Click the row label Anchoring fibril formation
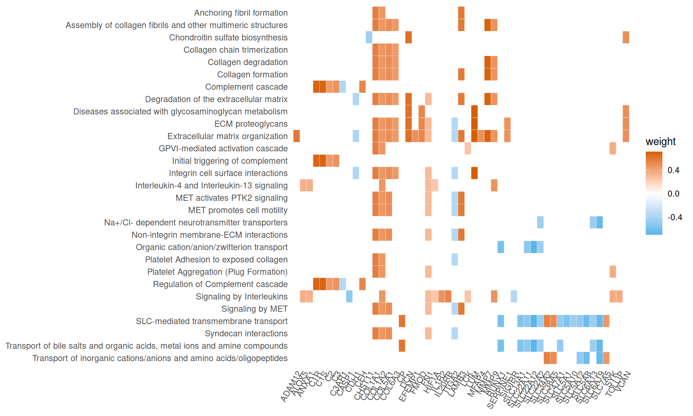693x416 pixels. pos(241,13)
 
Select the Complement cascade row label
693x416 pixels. pos(246,87)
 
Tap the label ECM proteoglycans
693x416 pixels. pos(251,124)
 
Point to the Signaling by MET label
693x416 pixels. pos(254,309)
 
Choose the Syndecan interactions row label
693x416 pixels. pos(246,333)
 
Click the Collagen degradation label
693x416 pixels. pos(248,62)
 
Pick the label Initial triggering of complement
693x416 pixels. pos(230,161)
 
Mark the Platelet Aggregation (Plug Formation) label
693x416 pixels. pos(217,272)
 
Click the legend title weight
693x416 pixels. pos(660,142)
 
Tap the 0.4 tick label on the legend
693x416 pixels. pos(673,170)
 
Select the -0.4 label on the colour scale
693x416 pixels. pos(675,217)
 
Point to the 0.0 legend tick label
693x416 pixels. pos(673,194)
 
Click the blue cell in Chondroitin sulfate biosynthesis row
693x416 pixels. pos(369,38)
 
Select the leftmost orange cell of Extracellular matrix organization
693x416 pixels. pos(297,136)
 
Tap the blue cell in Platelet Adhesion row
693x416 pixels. pos(454,259)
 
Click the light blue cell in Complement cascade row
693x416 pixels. pos(343,87)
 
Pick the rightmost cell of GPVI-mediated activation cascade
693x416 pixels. pos(613,148)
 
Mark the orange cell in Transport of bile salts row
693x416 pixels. pos(402,346)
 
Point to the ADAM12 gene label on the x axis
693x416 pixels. pos(291,387)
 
